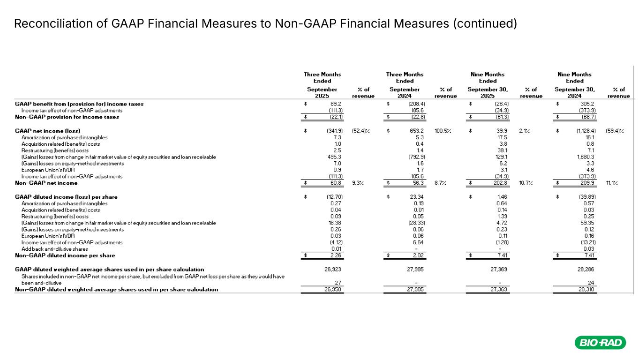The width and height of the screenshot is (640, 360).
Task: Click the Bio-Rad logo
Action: point(601,343)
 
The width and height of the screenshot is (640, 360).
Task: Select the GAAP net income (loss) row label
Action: point(48,130)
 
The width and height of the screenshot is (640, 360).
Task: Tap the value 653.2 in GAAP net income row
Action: point(417,130)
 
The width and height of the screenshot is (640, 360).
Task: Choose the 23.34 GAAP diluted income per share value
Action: point(417,197)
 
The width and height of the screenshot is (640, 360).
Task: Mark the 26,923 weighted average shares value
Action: point(333,270)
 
